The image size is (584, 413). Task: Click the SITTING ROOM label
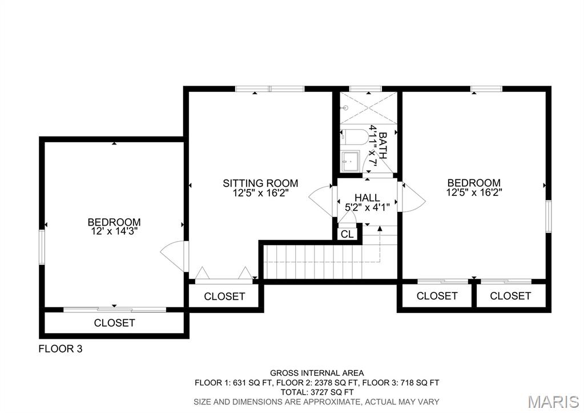260,183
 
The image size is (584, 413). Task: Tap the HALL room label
366,198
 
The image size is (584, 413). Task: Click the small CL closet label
347,234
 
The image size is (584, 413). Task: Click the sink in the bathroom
350,161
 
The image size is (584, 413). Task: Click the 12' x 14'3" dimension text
114,231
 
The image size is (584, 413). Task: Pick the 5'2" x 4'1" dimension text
366,207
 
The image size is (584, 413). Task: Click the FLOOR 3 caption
61,348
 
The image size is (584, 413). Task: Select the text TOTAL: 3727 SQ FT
317,392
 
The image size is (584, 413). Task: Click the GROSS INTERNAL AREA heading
317,373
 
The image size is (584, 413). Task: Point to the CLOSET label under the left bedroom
115,323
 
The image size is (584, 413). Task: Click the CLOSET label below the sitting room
224,296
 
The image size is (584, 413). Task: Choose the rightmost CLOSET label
510,296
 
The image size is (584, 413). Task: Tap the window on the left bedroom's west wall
42,247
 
